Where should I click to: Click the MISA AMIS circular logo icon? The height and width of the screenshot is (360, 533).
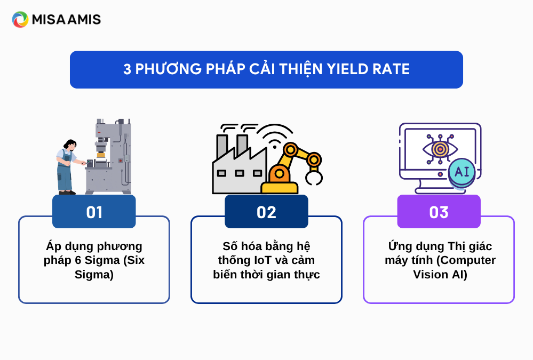20,19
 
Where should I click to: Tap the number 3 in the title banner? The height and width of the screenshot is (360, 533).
127,69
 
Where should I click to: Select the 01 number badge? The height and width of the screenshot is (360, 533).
94,211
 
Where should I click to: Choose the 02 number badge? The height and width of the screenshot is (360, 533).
266,211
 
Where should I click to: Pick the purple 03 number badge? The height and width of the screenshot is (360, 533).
439,211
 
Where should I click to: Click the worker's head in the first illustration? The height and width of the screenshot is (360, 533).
70,145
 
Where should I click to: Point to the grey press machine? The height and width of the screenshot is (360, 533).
109,156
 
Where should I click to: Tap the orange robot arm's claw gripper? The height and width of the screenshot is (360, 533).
314,177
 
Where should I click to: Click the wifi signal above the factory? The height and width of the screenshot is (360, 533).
275,136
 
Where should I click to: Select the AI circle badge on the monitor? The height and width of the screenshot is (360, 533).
462,172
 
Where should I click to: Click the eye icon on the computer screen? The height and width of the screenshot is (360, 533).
440,149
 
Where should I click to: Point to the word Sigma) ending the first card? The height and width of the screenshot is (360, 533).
94,274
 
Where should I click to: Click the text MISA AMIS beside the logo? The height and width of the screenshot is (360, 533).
66,20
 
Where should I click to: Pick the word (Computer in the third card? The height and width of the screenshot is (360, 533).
466,260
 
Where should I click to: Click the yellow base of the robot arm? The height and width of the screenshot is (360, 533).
280,188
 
